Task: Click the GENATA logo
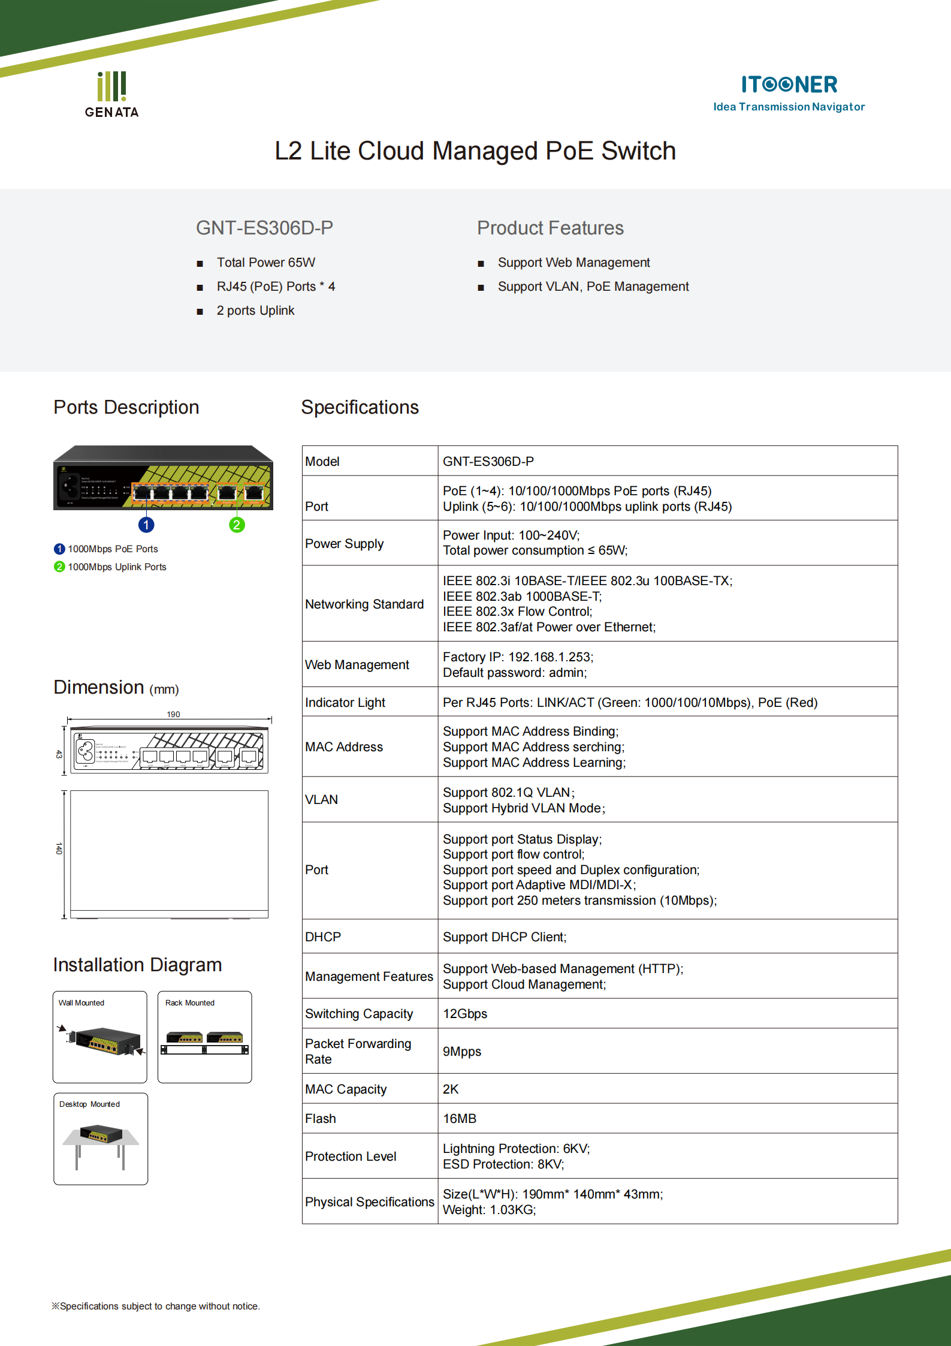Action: [111, 95]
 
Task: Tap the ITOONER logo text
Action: [789, 85]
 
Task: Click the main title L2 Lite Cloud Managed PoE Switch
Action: [475, 151]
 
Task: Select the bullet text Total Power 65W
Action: [265, 263]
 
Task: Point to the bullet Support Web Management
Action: [573, 263]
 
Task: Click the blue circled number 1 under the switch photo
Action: [146, 525]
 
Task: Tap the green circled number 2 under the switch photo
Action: [237, 525]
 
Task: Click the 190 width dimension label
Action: [173, 714]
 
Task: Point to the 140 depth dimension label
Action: [59, 848]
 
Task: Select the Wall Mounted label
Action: [81, 1002]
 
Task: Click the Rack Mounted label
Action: [189, 1002]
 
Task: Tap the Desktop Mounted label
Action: [89, 1104]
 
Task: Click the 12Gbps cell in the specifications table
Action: [465, 1014]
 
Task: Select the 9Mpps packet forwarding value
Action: [462, 1052]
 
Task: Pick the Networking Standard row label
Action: [364, 604]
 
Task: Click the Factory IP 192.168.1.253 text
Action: [518, 657]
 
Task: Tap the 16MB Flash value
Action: [460, 1119]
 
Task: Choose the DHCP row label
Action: [323, 937]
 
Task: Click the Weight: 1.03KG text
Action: [489, 1210]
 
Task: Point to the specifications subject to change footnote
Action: [156, 1306]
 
